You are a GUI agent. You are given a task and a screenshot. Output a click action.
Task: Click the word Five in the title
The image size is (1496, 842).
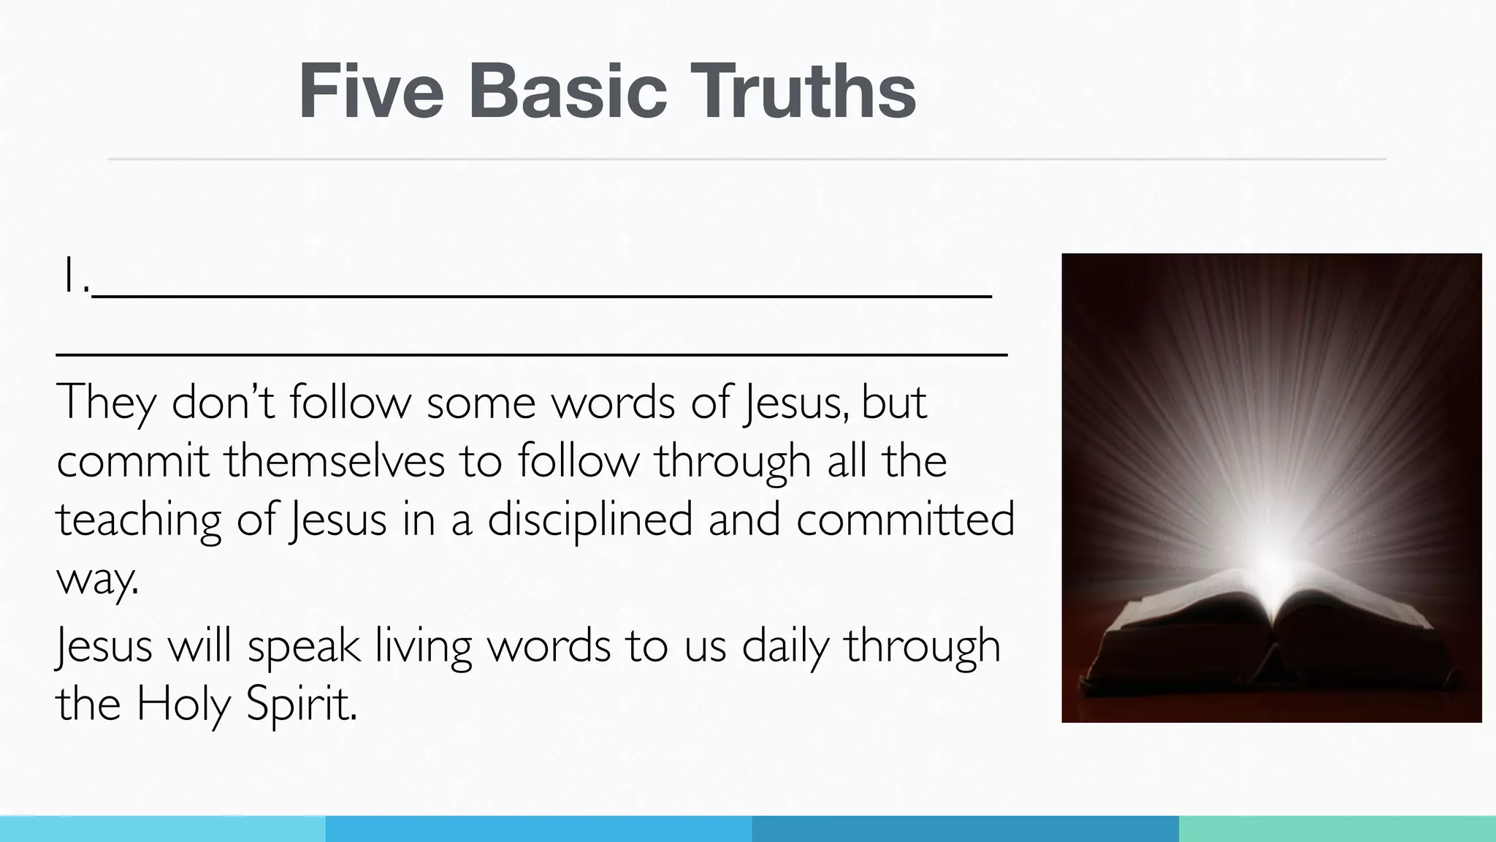[371, 91]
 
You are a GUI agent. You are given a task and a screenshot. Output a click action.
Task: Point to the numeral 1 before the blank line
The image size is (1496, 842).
[70, 276]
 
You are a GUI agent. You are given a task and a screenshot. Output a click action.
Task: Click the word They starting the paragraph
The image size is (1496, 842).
[106, 403]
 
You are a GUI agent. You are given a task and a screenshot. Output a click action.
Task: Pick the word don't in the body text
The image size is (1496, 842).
[222, 403]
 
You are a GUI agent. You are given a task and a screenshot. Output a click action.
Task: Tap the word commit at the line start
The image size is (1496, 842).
[132, 461]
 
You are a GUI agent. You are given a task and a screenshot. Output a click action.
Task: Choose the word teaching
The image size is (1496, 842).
[138, 521]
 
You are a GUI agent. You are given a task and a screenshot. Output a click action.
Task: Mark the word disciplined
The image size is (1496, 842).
[589, 520]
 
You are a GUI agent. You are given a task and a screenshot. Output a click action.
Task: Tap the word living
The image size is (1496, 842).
[424, 647]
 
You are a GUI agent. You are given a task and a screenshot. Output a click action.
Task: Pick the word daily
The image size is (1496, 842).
[785, 647]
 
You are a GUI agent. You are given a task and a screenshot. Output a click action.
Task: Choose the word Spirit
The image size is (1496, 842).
[301, 705]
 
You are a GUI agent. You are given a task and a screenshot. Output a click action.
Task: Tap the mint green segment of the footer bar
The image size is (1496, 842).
[1337, 829]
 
